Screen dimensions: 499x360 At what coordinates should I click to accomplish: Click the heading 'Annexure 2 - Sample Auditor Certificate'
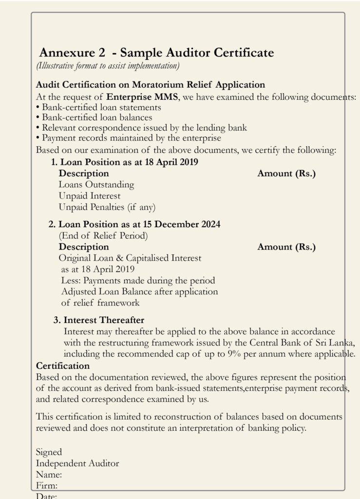pyautogui.click(x=156, y=53)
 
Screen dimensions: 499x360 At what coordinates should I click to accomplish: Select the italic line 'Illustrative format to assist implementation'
pyautogui.click(x=108, y=65)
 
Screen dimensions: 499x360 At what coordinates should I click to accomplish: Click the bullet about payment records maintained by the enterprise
pyautogui.click(x=129, y=138)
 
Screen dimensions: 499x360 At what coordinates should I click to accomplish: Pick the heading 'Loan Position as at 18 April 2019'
pyautogui.click(x=124, y=162)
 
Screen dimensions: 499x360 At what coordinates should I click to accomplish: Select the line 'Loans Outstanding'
pyautogui.click(x=96, y=185)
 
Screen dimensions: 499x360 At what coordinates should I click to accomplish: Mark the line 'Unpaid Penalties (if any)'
pyautogui.click(x=107, y=207)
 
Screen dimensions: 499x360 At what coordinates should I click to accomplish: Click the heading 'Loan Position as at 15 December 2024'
pyautogui.click(x=134, y=225)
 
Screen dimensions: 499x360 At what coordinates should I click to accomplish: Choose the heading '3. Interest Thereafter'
pyautogui.click(x=99, y=320)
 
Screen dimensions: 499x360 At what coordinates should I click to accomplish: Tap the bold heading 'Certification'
pyautogui.click(x=63, y=365)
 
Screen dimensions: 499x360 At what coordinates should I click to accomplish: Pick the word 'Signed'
pyautogui.click(x=49, y=452)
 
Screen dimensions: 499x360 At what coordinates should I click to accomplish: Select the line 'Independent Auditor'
pyautogui.click(x=77, y=463)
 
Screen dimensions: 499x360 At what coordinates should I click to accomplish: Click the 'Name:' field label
pyautogui.click(x=49, y=474)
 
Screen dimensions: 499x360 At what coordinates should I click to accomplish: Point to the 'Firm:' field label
pyautogui.click(x=47, y=485)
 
